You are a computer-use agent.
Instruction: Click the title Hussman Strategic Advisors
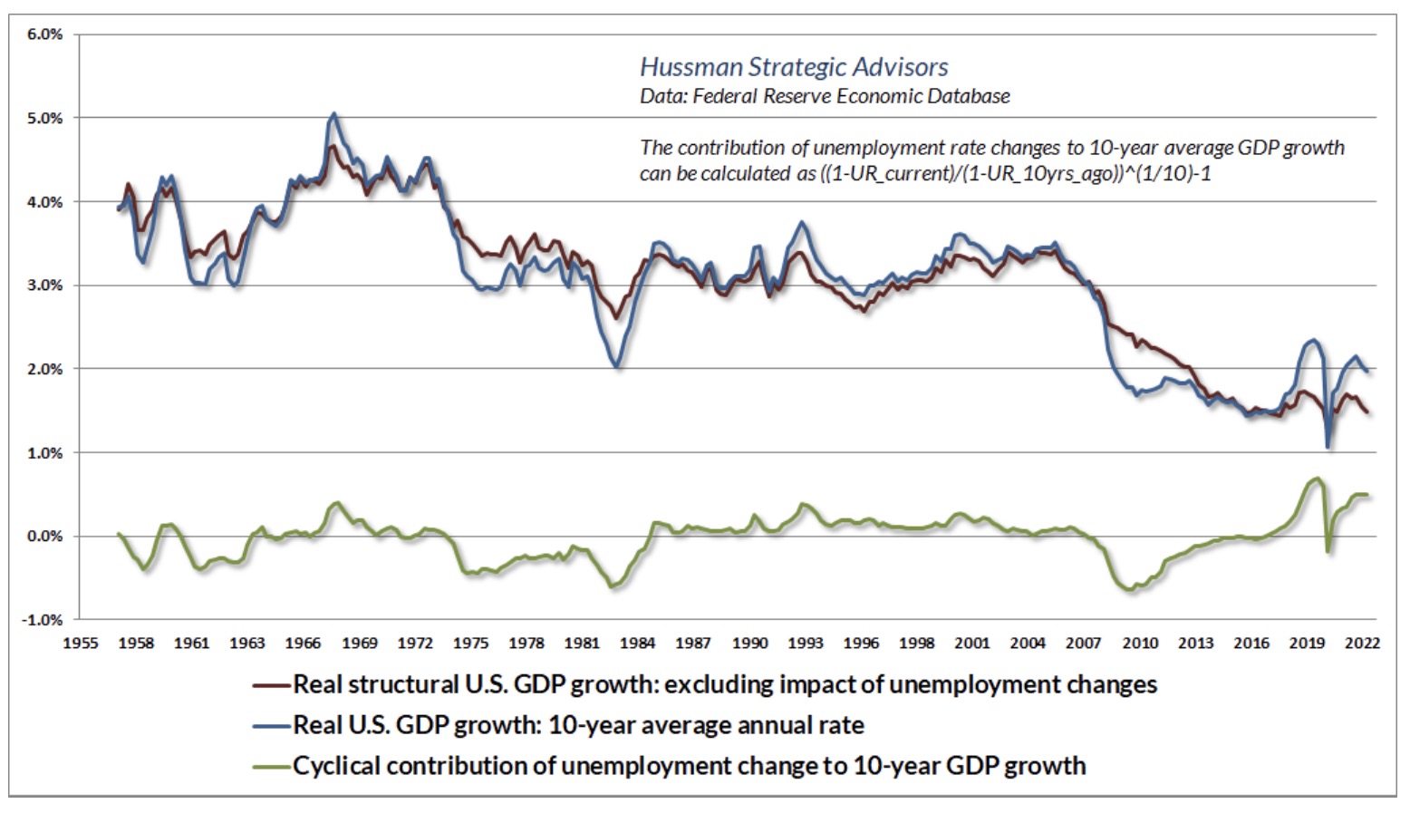(x=794, y=67)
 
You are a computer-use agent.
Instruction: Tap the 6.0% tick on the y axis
(x=44, y=34)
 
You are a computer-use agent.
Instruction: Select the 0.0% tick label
(x=45, y=537)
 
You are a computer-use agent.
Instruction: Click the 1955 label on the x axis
(x=80, y=644)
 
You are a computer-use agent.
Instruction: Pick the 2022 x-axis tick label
(x=1362, y=644)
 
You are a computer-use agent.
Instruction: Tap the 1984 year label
(x=637, y=644)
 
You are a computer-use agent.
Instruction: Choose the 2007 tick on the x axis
(x=1083, y=644)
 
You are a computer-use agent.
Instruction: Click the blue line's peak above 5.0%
(x=334, y=114)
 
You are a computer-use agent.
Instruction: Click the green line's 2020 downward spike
(x=1328, y=551)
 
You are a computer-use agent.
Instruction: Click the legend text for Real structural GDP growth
(x=725, y=684)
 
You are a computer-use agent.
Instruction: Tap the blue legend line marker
(x=271, y=726)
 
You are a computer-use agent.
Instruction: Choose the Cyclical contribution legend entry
(x=689, y=766)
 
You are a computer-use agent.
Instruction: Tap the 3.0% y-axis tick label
(x=45, y=286)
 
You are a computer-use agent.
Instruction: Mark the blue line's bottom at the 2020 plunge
(x=1328, y=446)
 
